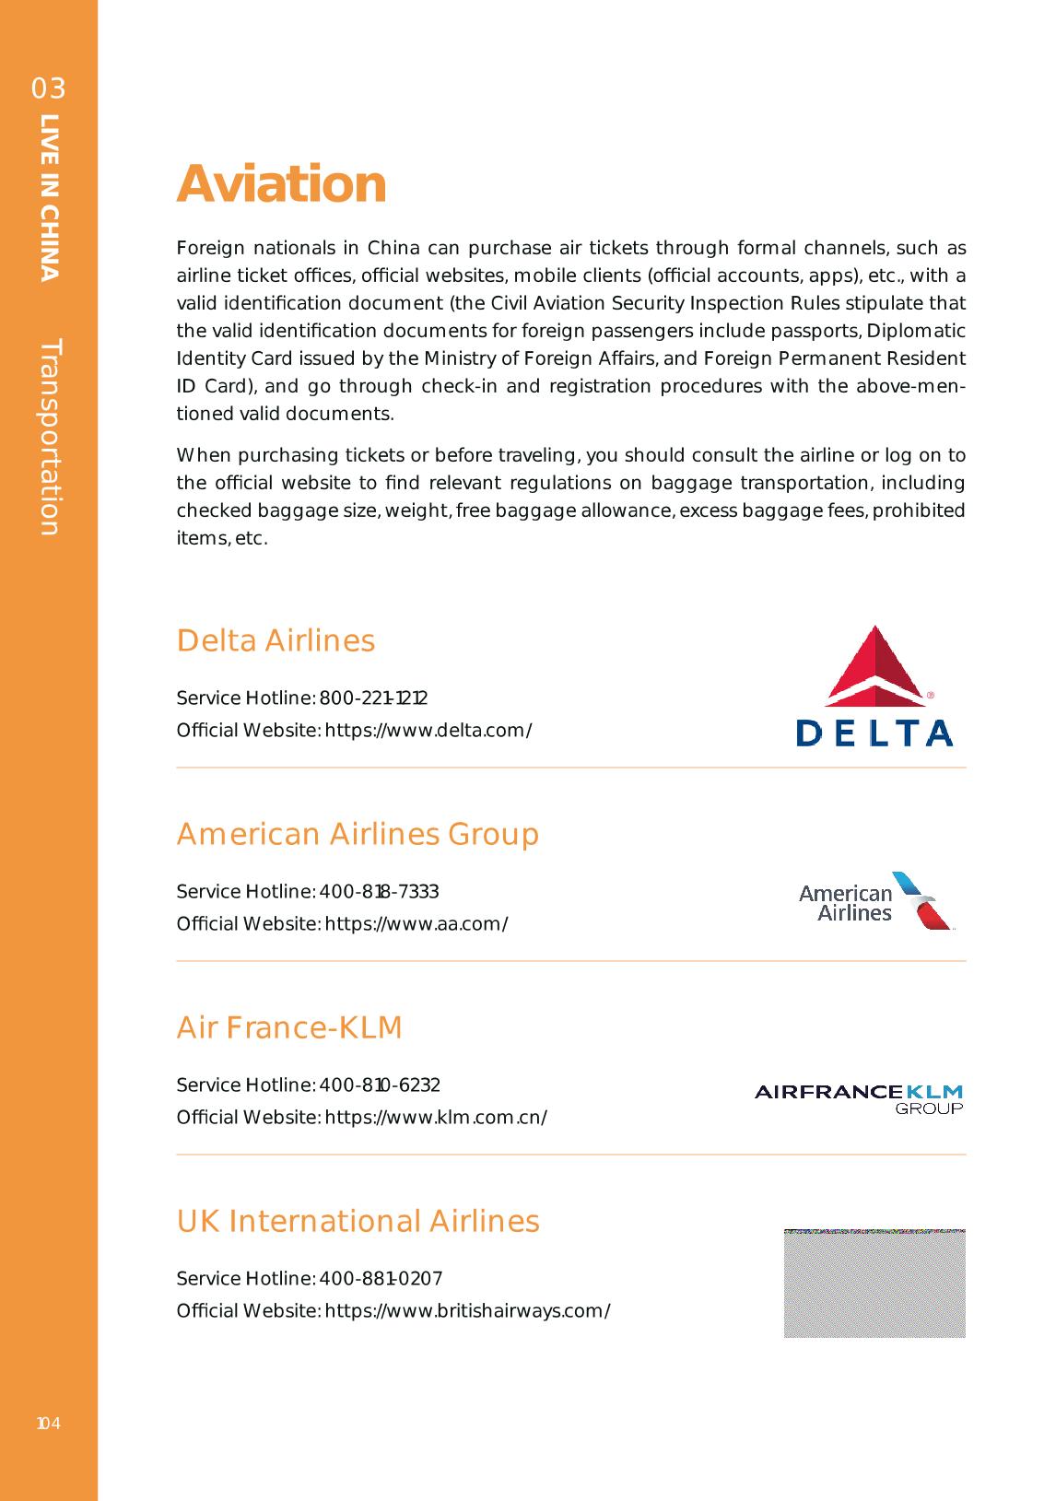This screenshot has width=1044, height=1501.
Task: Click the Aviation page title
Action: click(281, 183)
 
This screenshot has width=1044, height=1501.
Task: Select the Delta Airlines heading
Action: click(276, 640)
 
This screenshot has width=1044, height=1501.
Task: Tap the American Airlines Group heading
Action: click(358, 834)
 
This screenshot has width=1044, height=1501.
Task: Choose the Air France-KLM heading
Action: click(289, 1027)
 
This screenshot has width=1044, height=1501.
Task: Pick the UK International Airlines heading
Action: click(358, 1221)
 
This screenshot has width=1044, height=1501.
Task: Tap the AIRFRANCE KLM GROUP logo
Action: click(859, 1096)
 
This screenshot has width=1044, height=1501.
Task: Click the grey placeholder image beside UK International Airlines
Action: click(874, 1283)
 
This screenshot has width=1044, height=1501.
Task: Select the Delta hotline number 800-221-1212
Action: click(373, 698)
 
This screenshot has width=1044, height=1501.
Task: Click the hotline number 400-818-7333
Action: click(379, 891)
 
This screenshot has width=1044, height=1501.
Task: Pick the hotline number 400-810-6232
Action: click(380, 1085)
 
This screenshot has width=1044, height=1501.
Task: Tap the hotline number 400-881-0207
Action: click(381, 1278)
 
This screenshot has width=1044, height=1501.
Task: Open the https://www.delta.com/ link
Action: click(428, 731)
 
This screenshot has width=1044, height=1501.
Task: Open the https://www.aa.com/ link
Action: click(416, 924)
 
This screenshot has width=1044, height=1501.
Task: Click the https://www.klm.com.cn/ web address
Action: click(436, 1118)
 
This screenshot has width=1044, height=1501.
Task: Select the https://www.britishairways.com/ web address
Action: click(467, 1311)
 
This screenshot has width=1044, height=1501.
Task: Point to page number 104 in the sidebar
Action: click(48, 1424)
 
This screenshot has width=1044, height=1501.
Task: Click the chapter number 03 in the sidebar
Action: click(49, 88)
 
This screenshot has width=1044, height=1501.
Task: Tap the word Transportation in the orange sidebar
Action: click(50, 437)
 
